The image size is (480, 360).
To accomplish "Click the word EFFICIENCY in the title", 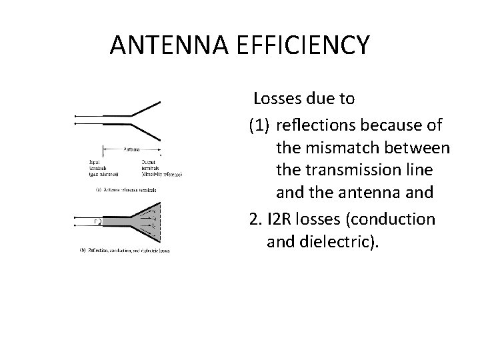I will click(312, 45).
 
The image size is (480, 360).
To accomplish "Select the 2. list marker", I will click(255, 219).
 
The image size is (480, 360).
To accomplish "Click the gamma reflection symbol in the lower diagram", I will click(97, 221).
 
